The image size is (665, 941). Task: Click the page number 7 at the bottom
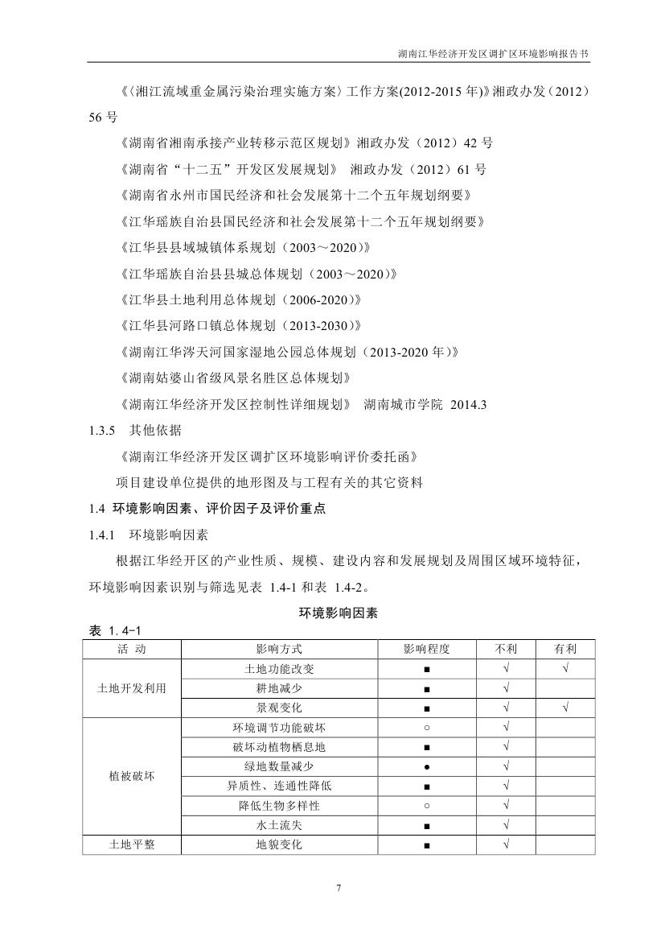[x=339, y=888]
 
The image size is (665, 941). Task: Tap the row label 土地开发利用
[x=131, y=688]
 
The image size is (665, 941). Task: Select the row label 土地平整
[x=131, y=844]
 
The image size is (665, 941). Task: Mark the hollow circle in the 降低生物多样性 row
[x=426, y=806]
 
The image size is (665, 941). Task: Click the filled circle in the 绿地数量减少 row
[x=426, y=766]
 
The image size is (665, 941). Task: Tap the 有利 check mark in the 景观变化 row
[x=566, y=708]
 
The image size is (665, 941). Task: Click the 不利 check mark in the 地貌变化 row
[x=507, y=845]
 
